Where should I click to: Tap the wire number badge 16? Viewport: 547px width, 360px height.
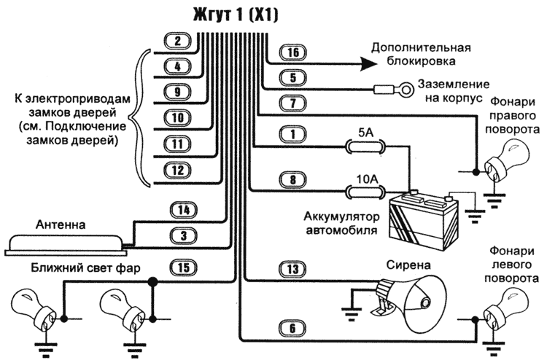click(x=293, y=53)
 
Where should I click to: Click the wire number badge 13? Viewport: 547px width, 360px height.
click(x=293, y=270)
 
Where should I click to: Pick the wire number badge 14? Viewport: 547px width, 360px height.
click(x=184, y=211)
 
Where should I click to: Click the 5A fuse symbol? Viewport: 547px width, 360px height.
click(x=364, y=146)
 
